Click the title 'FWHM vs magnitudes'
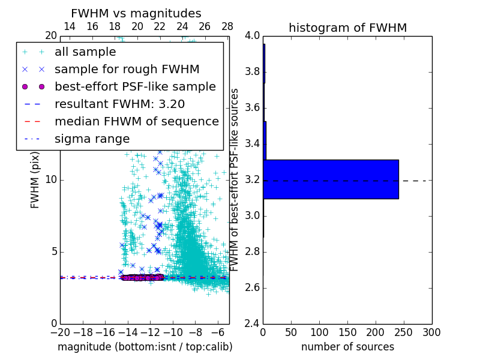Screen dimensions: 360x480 pos(136,13)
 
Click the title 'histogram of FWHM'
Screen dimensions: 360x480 pos(347,28)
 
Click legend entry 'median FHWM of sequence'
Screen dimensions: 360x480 pos(137,121)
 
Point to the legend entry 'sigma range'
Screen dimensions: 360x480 pos(92,139)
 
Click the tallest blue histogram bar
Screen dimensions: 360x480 pos(331,179)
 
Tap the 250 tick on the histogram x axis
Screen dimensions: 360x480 pos(404,332)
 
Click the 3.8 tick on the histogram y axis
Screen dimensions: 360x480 pos(252,72)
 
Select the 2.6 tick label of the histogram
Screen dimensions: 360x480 pos(252,288)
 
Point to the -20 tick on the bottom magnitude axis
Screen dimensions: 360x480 pos(60,332)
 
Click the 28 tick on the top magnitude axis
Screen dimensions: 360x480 pos(227,26)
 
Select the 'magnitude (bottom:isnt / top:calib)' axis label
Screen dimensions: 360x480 pos(145,347)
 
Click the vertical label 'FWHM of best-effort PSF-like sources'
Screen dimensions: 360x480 pos(235,180)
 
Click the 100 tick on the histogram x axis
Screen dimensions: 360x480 pos(319,332)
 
